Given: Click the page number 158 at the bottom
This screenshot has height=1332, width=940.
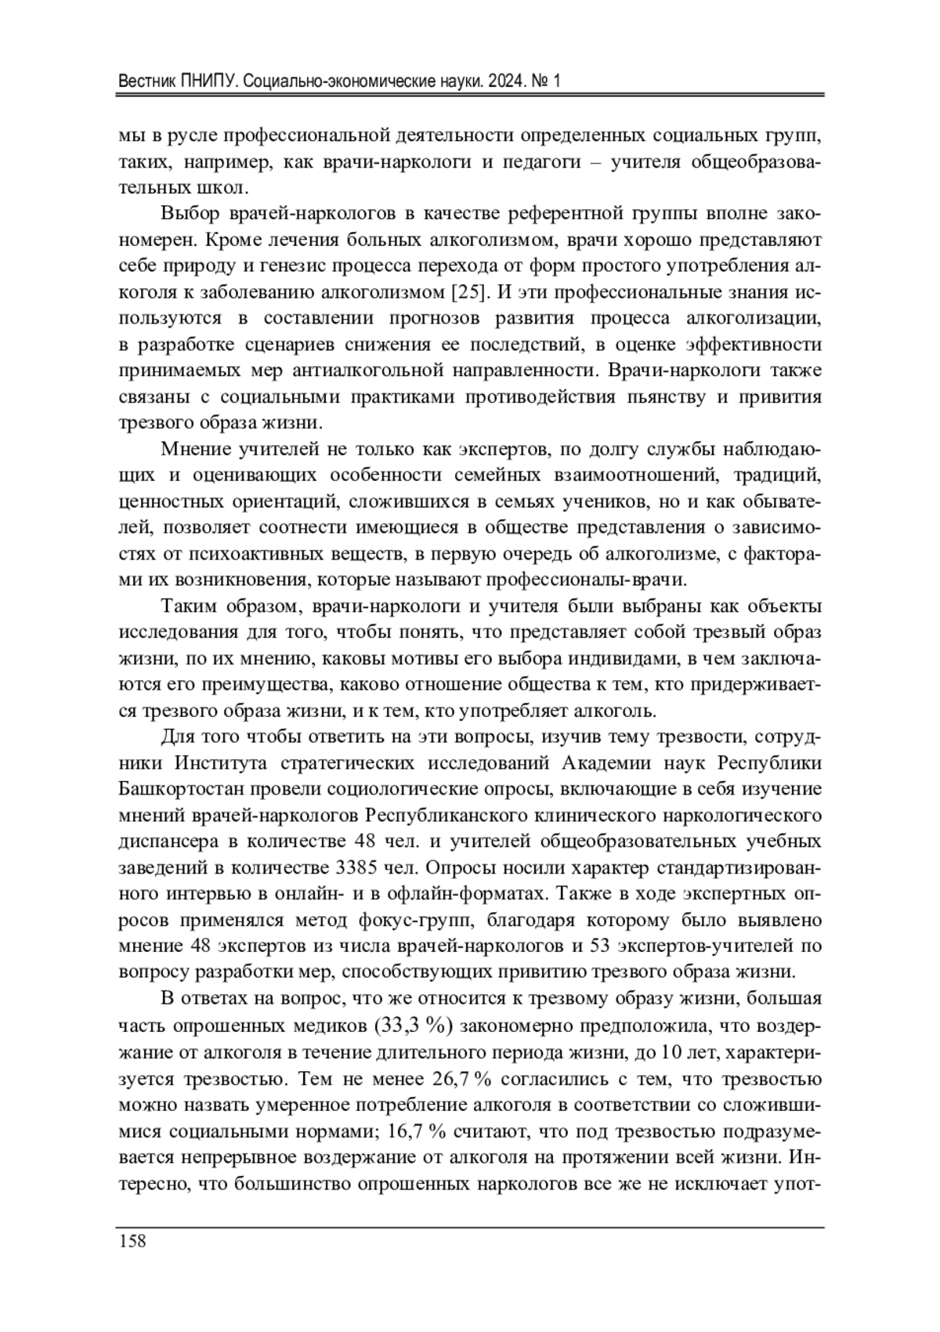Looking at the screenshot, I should (x=132, y=1241).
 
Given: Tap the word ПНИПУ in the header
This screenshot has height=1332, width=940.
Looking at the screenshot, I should (x=205, y=81).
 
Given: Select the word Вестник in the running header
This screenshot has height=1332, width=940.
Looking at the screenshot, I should (x=146, y=81).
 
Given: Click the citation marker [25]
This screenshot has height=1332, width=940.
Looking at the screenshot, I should (x=472, y=292).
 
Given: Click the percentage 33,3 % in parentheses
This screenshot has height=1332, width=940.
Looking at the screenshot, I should (x=411, y=1025).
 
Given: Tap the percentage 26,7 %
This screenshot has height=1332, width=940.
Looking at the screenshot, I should (x=461, y=1078).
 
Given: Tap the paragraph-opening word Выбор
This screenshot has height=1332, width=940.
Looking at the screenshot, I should (x=191, y=213).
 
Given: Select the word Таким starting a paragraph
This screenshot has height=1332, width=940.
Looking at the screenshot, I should (x=189, y=606).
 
